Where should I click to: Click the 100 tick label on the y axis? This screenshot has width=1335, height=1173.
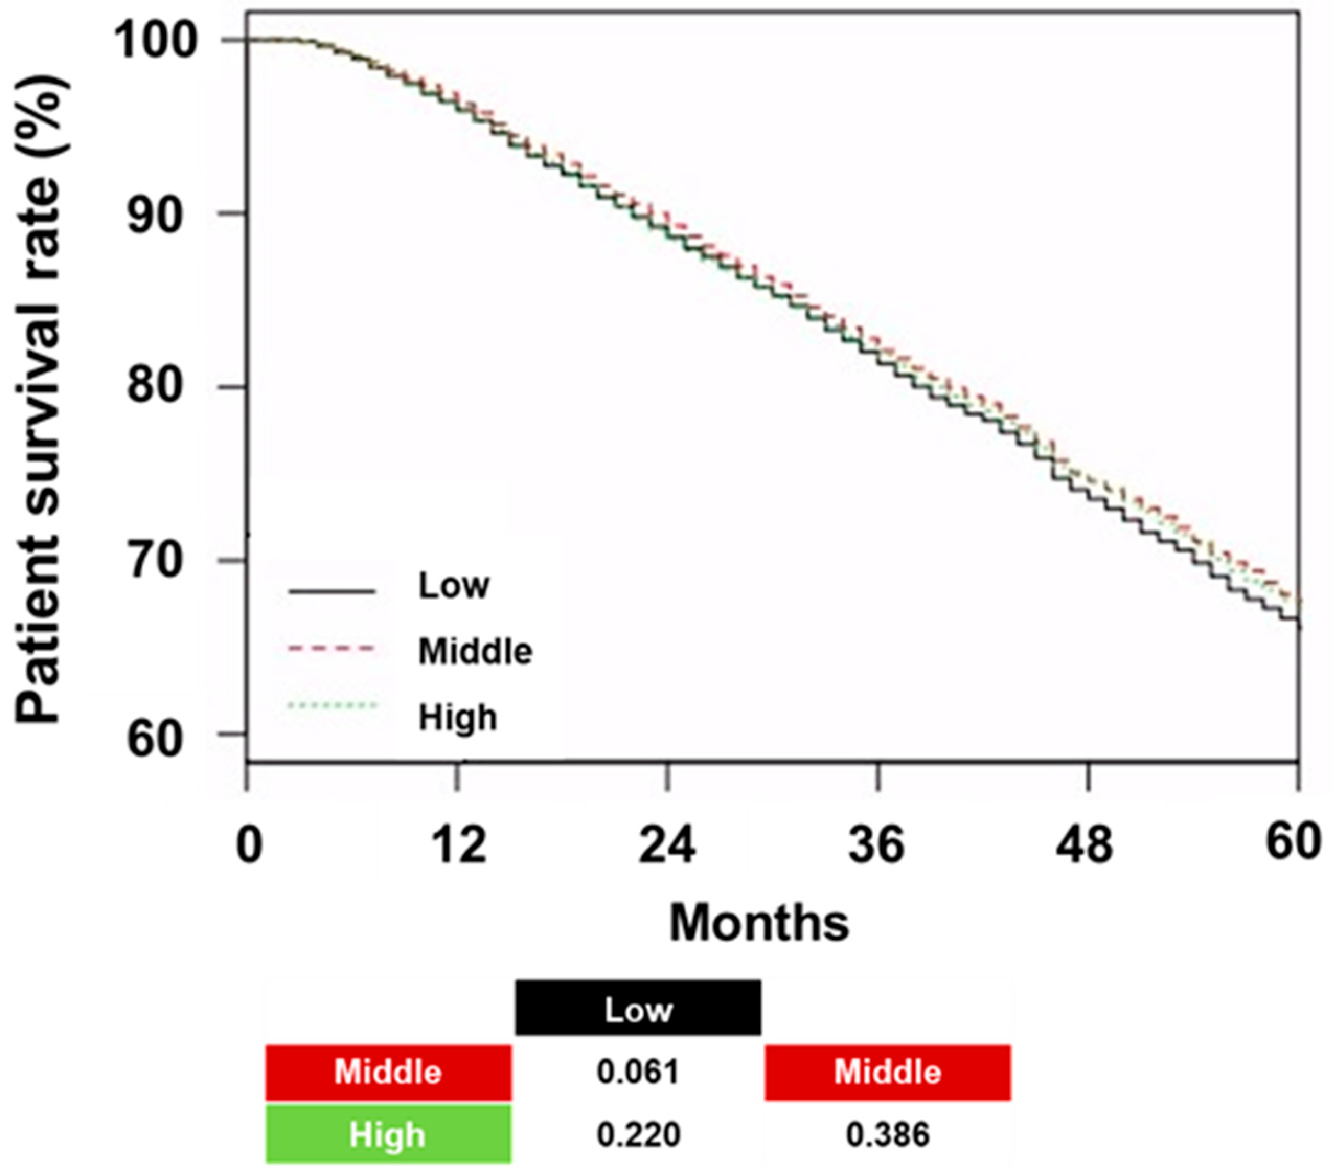coord(155,40)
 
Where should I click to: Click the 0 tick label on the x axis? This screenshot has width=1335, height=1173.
coord(249,844)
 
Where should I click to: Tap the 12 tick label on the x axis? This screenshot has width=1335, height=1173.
coord(459,844)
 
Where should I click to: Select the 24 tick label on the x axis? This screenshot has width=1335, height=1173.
coord(667,844)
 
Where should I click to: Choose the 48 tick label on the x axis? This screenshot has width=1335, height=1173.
coord(1085,844)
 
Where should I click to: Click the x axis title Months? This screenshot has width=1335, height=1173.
coord(759,923)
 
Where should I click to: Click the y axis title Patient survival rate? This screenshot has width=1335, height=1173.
coord(40,399)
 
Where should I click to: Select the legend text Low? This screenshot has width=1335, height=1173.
coord(453,585)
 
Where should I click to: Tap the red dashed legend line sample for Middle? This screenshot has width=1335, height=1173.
coord(331,649)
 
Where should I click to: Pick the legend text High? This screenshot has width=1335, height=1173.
coord(457,717)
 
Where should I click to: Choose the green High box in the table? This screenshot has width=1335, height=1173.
coord(388,1134)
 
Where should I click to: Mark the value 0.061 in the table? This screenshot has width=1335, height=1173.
coord(638,1073)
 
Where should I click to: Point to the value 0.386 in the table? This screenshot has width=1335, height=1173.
coord(887,1134)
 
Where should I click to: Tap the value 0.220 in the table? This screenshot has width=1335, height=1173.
coord(638,1134)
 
